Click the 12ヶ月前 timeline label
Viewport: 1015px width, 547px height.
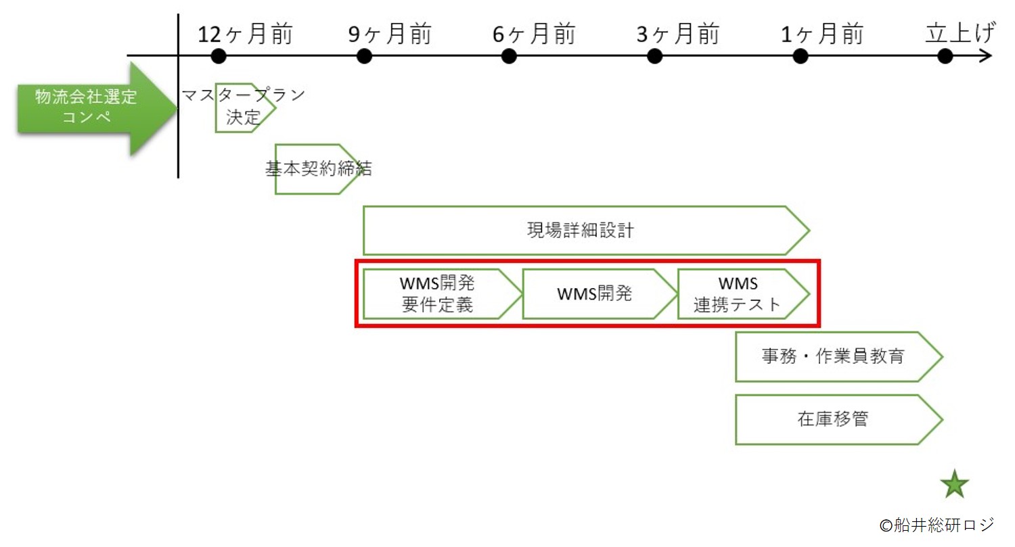pyautogui.click(x=245, y=34)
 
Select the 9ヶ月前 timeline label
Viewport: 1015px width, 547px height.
pyautogui.click(x=390, y=34)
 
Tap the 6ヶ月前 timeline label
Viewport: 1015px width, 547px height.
pyautogui.click(x=534, y=34)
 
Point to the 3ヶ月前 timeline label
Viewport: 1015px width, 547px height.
pyautogui.click(x=678, y=34)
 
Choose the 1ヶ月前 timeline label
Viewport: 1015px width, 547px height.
pyautogui.click(x=822, y=34)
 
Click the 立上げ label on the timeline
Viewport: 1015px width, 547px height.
pyautogui.click(x=960, y=34)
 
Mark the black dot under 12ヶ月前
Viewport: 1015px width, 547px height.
pyautogui.click(x=218, y=56)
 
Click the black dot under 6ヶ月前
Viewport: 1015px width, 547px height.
pyautogui.click(x=510, y=56)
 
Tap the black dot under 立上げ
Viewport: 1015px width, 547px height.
pyautogui.click(x=945, y=56)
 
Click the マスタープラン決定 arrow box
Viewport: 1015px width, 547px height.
pyautogui.click(x=244, y=108)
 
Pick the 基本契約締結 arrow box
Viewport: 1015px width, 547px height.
pyautogui.click(x=317, y=169)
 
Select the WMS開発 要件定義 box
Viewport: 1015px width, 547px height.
pyautogui.click(x=438, y=294)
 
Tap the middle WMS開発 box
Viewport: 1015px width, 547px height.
pyautogui.click(x=595, y=294)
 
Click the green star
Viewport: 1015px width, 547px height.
pyautogui.click(x=955, y=484)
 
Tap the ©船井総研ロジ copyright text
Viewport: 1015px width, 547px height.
pyautogui.click(x=937, y=524)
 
